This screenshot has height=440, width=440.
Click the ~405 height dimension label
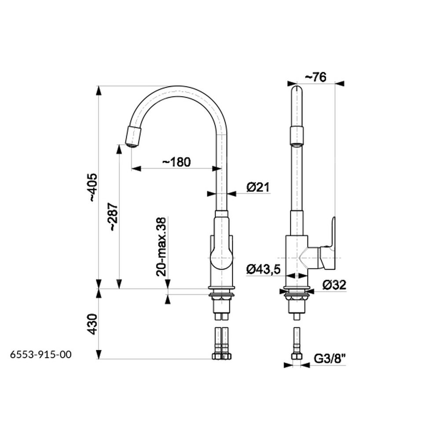[93, 187]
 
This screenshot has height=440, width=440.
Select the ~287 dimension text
[114, 216]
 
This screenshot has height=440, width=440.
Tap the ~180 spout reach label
[176, 162]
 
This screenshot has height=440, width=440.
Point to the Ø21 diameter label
[258, 187]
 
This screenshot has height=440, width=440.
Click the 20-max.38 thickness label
[161, 247]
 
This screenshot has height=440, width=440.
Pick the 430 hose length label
[92, 324]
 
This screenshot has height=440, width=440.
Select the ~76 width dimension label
[315, 77]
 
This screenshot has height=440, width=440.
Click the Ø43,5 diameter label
[264, 270]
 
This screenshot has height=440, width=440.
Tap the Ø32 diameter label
[334, 285]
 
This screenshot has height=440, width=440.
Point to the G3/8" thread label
[329, 359]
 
